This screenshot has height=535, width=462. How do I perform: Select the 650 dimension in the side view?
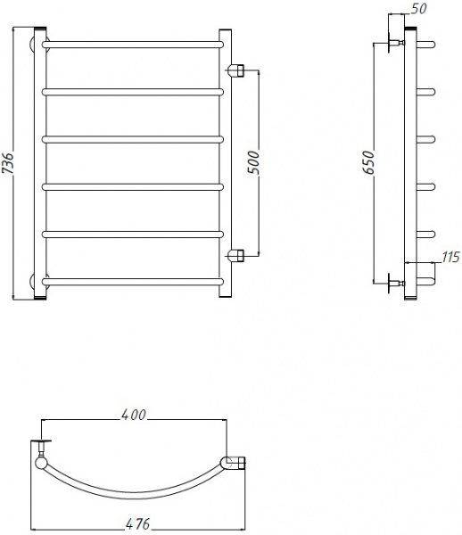pos(367,163)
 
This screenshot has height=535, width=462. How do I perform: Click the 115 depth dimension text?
pos(450,258)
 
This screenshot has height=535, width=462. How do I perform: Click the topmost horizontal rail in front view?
pos(132,42)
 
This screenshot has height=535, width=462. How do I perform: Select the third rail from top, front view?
pos(132,138)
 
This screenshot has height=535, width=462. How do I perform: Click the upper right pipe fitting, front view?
pos(236,70)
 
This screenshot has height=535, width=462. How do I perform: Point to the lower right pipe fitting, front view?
pos(236,255)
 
